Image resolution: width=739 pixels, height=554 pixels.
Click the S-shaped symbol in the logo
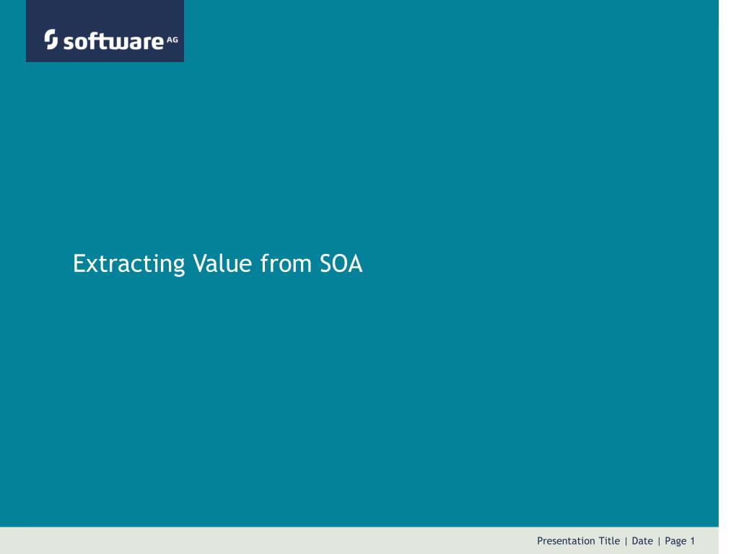pos(51,39)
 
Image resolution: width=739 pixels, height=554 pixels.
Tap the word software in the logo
pos(113,41)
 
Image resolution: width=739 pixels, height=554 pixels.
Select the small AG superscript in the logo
pos(172,40)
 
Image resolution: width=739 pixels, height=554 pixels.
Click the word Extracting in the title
pos(128,263)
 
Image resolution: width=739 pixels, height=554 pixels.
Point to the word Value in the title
pos(222,263)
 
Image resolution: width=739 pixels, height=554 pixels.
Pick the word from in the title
pos(286,263)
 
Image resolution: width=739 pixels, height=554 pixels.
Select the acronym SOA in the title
pos(341,263)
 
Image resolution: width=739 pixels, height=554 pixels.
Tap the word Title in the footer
pos(609,541)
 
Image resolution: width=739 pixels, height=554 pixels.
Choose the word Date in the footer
pos(642,541)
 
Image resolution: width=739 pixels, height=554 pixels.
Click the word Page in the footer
pos(675,541)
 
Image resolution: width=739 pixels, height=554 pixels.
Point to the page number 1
pos(692,541)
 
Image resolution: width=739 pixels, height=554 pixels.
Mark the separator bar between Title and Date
pos(626,541)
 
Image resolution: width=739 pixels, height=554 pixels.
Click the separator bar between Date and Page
pos(659,541)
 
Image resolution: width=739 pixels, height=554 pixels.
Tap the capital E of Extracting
pos(79,263)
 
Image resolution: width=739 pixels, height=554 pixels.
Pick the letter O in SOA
pos(340,263)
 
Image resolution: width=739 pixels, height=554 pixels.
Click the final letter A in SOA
pos(355,263)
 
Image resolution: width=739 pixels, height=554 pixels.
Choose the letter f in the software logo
pos(94,40)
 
